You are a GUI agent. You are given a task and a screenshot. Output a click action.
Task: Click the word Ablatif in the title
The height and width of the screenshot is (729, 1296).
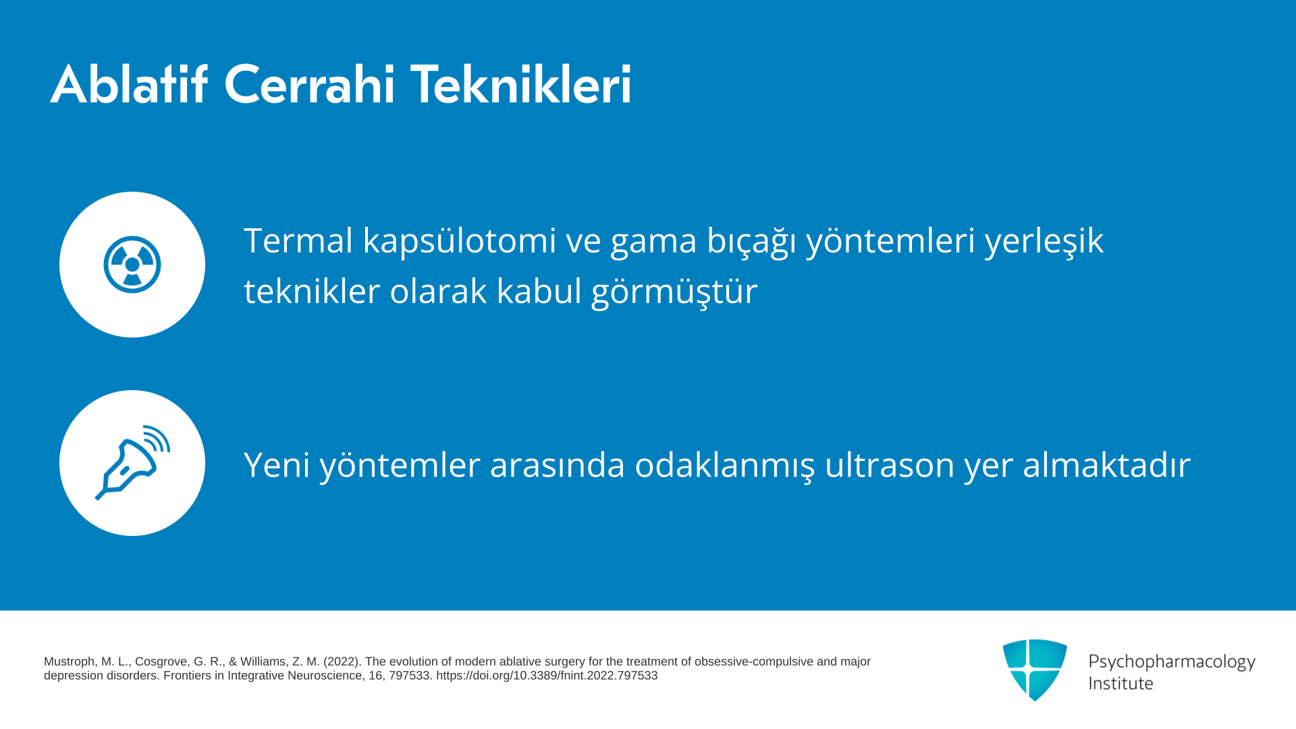pyautogui.click(x=129, y=84)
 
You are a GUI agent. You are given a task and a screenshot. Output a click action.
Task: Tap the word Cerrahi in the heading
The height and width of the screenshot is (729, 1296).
pyautogui.click(x=309, y=85)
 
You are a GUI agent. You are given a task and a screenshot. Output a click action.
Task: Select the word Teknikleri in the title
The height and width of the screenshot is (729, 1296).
pyautogui.click(x=521, y=84)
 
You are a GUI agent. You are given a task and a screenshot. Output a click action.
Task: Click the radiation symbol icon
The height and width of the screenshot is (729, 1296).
pyautogui.click(x=132, y=265)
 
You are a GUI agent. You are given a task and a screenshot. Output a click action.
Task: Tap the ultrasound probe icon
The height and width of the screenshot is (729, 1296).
pyautogui.click(x=132, y=463)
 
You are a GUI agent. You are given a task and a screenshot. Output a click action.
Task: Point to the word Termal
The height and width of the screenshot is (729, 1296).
pyautogui.click(x=298, y=240)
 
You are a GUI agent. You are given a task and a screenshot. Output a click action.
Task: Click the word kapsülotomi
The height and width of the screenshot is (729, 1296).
pyautogui.click(x=460, y=242)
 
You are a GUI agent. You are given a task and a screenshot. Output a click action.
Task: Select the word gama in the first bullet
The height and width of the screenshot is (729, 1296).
pyautogui.click(x=653, y=244)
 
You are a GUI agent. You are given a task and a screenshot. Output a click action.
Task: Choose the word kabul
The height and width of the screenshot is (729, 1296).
pyautogui.click(x=539, y=291)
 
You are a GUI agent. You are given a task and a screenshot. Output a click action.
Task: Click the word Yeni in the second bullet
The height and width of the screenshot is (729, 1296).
pyautogui.click(x=277, y=465)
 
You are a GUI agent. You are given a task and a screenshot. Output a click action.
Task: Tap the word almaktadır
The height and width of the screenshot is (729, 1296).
pyautogui.click(x=1107, y=464)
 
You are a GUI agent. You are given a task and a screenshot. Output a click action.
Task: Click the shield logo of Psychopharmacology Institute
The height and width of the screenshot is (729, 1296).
pyautogui.click(x=1035, y=670)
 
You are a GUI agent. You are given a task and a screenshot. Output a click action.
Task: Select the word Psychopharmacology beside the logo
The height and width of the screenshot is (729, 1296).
pyautogui.click(x=1172, y=662)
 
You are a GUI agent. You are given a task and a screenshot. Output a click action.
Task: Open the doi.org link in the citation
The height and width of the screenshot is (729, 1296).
pyautogui.click(x=547, y=676)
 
